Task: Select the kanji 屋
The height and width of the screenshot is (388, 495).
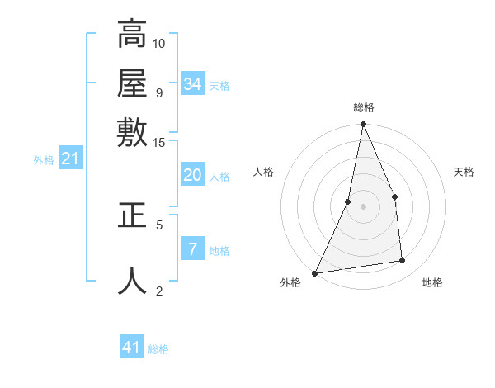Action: click(132, 83)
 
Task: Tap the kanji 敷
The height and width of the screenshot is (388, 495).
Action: click(132, 131)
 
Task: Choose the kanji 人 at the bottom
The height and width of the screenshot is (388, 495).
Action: click(132, 280)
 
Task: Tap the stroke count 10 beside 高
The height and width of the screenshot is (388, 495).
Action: click(159, 42)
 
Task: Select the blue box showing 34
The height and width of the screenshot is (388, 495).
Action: click(192, 84)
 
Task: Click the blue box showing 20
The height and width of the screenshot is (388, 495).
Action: click(192, 175)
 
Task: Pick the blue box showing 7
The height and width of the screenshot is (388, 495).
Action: click(192, 249)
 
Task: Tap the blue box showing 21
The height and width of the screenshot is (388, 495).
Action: click(69, 159)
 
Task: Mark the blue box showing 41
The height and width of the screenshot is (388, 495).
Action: click(132, 348)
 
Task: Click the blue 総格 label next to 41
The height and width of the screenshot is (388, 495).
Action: click(158, 349)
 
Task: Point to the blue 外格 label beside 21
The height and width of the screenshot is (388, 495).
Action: click(44, 160)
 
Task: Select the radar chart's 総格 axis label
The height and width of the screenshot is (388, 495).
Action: click(363, 107)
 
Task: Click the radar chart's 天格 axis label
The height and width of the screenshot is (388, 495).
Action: click(464, 172)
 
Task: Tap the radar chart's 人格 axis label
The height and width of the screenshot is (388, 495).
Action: click(263, 172)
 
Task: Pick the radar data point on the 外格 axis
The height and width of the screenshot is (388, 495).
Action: click(315, 273)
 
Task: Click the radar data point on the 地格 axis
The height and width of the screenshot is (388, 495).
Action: click(403, 261)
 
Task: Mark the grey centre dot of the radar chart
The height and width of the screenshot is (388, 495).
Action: click(363, 206)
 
